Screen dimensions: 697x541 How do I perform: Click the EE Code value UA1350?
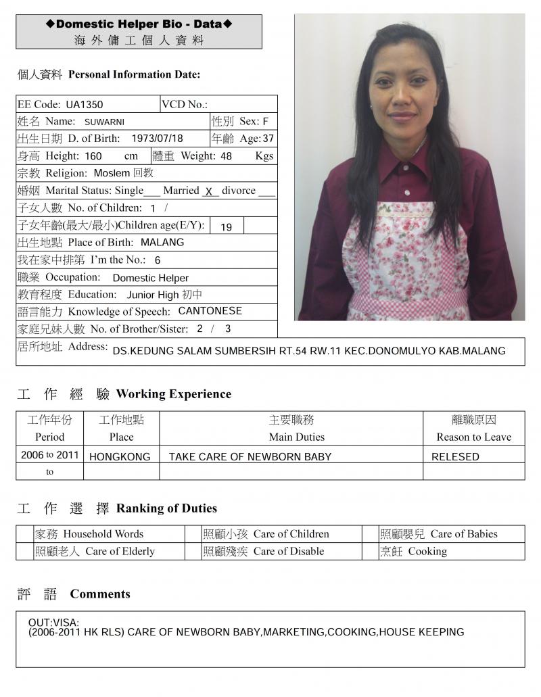click(85, 105)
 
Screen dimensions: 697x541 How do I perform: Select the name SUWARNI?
click(104, 122)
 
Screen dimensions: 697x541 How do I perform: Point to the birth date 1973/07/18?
click(157, 139)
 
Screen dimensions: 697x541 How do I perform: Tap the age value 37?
click(268, 139)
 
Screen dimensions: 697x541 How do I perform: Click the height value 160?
click(93, 156)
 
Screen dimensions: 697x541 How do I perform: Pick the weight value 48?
click(226, 156)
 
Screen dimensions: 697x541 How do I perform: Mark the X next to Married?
click(210, 191)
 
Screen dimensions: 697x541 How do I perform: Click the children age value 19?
click(226, 226)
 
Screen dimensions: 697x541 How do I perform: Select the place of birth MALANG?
click(162, 242)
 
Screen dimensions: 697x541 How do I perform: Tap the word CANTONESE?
click(210, 311)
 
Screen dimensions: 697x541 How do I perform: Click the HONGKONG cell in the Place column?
click(120, 457)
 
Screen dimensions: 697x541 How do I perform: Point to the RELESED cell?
click(455, 457)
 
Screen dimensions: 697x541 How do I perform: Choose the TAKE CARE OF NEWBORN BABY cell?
click(250, 457)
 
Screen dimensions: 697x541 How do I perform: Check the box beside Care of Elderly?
click(25, 552)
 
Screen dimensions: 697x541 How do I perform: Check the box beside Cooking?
click(371, 552)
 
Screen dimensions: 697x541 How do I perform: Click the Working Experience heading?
click(173, 394)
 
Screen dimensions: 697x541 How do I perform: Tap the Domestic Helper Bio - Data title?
click(139, 24)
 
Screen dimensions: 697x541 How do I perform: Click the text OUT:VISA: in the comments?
click(54, 622)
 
